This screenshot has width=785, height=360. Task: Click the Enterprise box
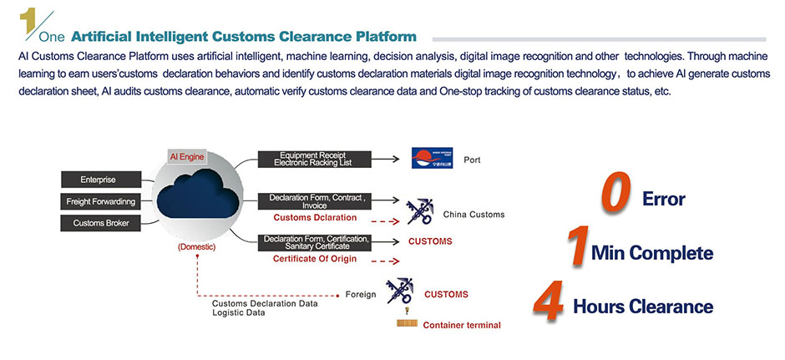pos(98,180)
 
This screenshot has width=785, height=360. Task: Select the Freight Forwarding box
pos(98,201)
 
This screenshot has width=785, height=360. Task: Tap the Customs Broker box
pos(98,223)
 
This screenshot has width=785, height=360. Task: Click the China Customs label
pos(474,215)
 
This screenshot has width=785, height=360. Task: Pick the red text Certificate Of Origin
pos(315,259)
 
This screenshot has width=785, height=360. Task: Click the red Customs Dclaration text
pos(315,217)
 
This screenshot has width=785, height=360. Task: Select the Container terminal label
pos(462,325)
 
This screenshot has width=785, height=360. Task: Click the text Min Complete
pos(651,253)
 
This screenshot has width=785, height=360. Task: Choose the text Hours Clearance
pos(642,307)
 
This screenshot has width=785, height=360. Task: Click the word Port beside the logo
pos(472,159)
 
